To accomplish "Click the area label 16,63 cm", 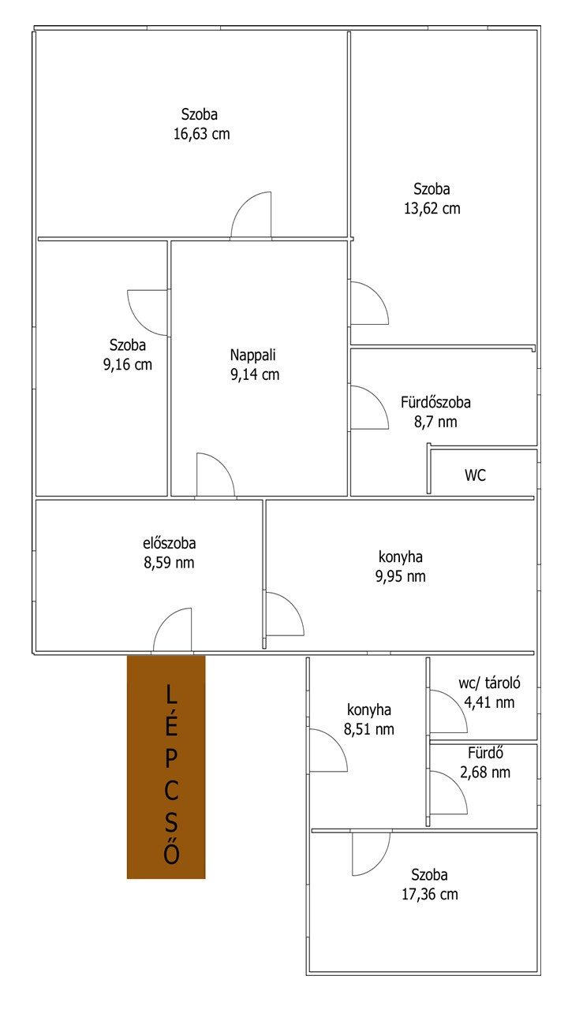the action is click(x=201, y=134).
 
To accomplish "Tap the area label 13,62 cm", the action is click(x=432, y=209).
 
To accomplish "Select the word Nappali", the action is click(x=252, y=355).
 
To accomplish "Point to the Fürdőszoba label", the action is click(x=435, y=402).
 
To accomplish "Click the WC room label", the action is click(x=475, y=475).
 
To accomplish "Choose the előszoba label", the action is click(x=169, y=543).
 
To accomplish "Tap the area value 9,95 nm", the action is click(x=400, y=576).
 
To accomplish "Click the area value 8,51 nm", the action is click(x=368, y=729).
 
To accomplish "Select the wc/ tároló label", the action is click(x=489, y=683).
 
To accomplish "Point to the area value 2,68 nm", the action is click(x=485, y=772).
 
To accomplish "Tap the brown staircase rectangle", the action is click(x=166, y=767).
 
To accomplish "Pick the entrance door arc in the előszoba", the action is click(x=165, y=620).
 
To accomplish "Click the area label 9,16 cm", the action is click(x=128, y=364).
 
